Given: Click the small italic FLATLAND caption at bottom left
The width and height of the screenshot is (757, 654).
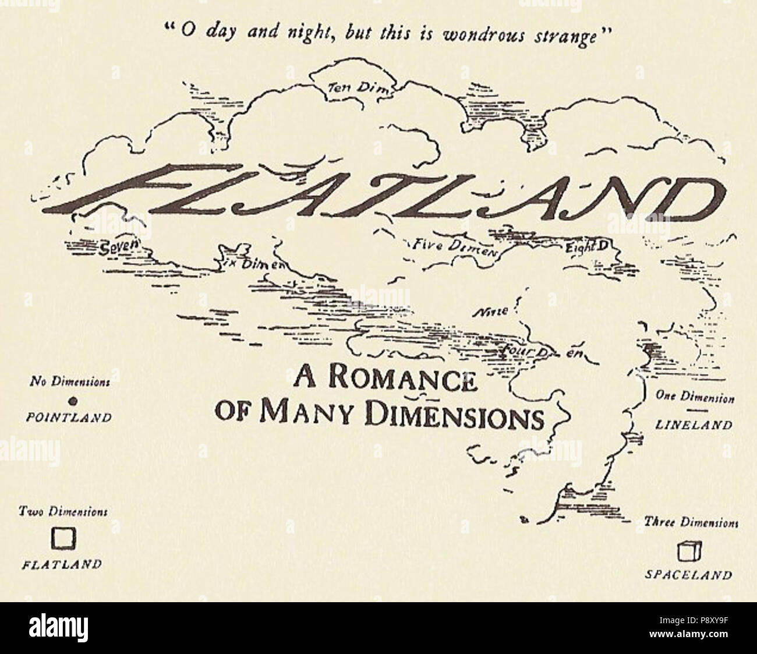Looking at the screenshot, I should tap(62, 564).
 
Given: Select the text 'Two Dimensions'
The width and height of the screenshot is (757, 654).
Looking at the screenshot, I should tap(62, 512).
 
